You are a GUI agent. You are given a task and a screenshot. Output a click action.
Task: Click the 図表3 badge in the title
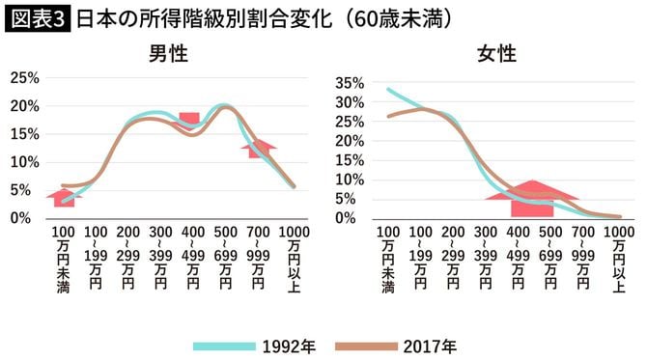(37, 18)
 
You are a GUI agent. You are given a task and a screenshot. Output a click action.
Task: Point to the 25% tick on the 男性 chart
(24, 77)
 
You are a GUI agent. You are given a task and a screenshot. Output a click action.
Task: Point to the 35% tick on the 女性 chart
(349, 82)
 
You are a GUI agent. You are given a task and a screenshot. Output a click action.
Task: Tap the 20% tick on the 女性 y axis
(349, 140)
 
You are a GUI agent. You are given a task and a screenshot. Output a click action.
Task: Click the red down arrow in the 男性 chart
(189, 122)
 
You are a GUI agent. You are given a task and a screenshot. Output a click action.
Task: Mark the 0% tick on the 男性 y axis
(27, 218)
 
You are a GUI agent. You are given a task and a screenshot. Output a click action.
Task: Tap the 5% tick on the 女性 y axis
(352, 199)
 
